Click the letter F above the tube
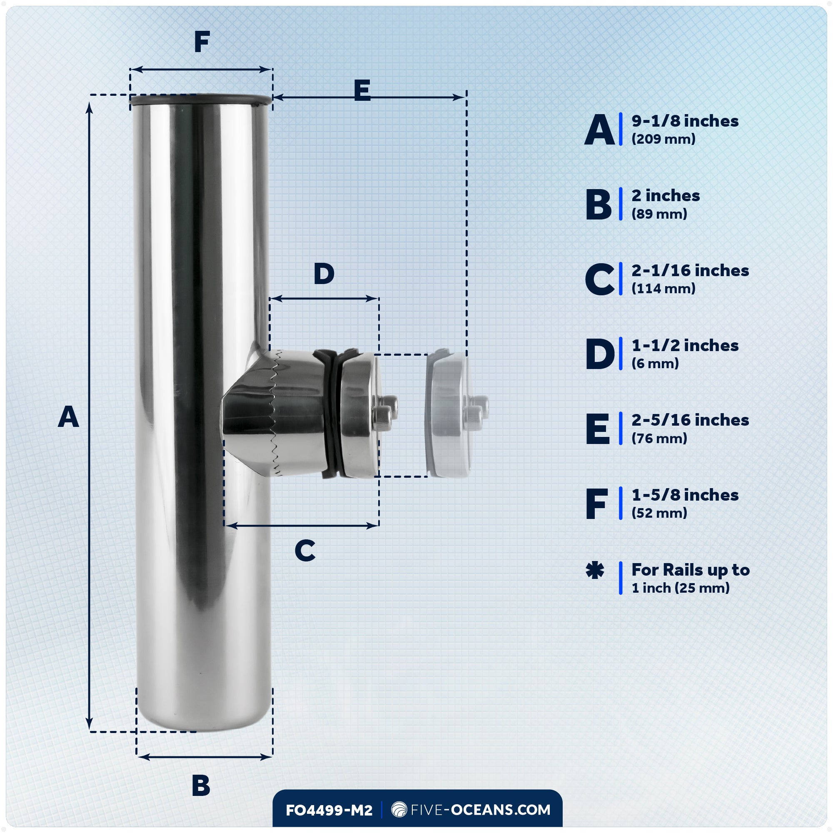[202, 42]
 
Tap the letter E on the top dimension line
[362, 91]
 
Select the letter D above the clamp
[324, 274]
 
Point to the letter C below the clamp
[305, 551]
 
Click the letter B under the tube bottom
[201, 785]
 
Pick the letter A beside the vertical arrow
[69, 417]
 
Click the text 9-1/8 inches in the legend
[685, 121]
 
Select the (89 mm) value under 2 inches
[659, 214]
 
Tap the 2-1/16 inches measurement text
[690, 271]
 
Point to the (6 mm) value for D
[655, 364]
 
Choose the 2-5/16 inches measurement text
[690, 420]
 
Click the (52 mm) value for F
[659, 513]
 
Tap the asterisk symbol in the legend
[595, 571]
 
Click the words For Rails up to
[690, 570]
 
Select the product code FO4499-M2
[329, 810]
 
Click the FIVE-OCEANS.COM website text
[480, 810]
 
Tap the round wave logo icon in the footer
[399, 810]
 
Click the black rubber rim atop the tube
[201, 100]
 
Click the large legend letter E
[598, 429]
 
